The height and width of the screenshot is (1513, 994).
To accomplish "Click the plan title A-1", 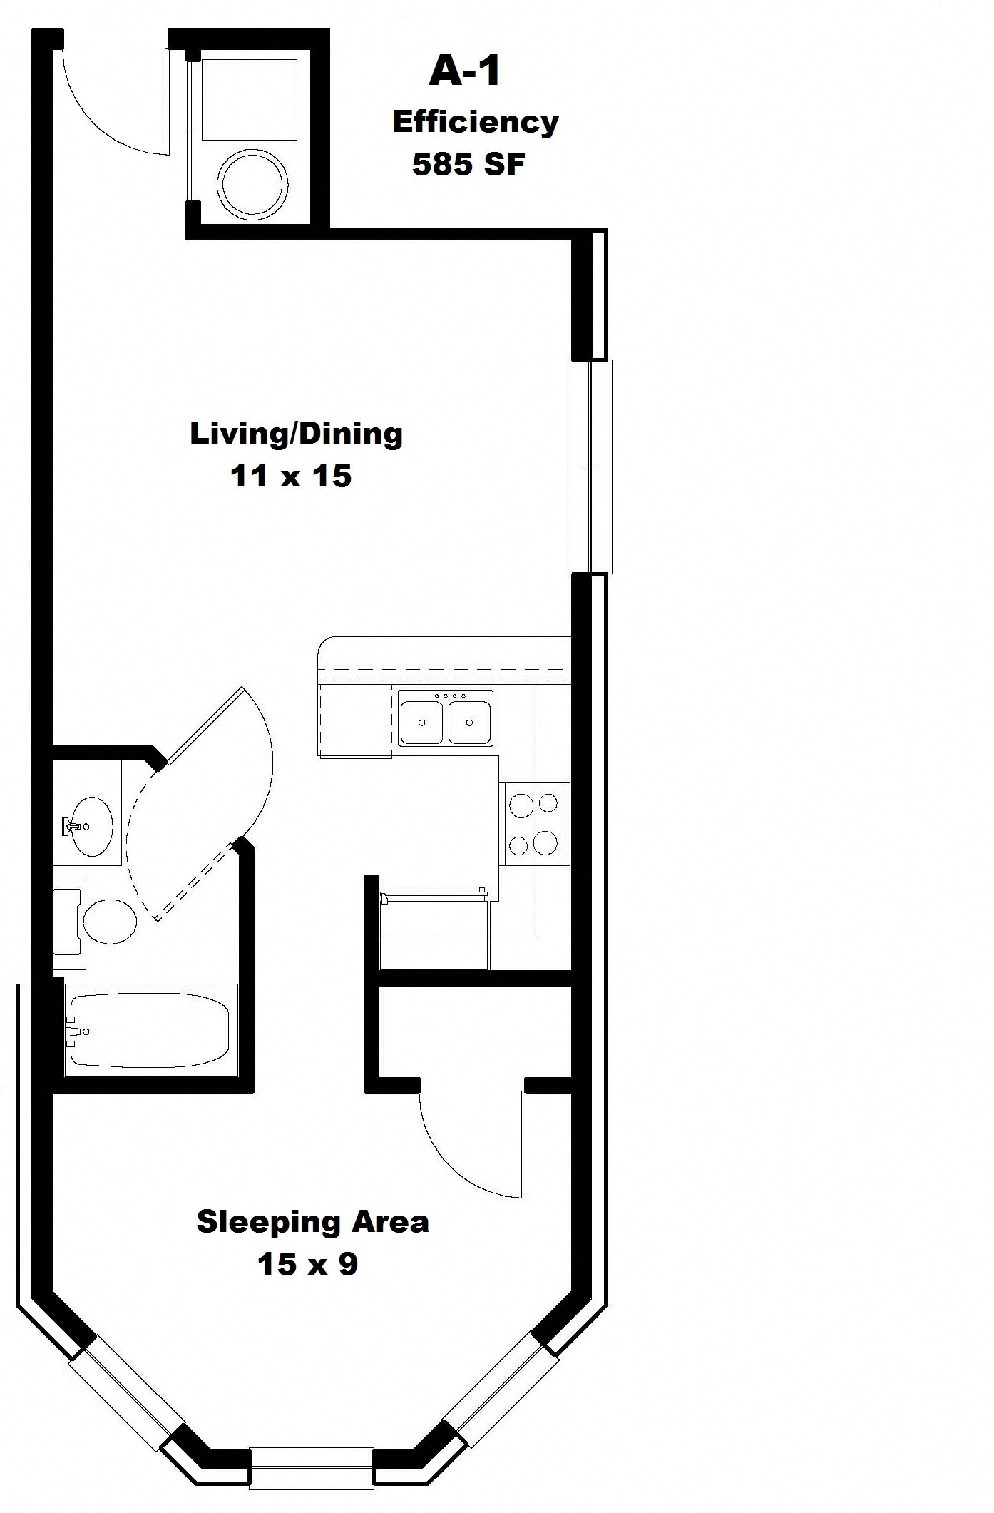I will [464, 73].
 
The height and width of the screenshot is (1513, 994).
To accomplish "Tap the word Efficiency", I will [475, 122].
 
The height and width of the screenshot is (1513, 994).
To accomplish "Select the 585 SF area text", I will [468, 165].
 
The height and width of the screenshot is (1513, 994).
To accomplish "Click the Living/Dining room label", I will [296, 434].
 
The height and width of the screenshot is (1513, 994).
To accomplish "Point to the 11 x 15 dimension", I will [290, 477].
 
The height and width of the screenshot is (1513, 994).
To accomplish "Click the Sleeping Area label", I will [312, 1221].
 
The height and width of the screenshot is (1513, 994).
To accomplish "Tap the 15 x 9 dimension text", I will [307, 1264].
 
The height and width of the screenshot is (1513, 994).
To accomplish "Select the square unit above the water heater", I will [249, 99].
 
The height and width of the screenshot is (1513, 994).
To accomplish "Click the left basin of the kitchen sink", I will [422, 722].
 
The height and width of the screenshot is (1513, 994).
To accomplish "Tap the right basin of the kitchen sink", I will [469, 722].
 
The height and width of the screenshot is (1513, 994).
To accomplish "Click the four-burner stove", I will [534, 823].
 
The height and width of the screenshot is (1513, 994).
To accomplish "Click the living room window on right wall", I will [590, 467].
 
